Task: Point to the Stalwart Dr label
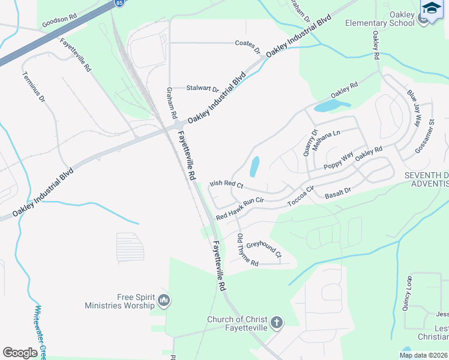pos(202,88)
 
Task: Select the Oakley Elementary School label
pos(379,19)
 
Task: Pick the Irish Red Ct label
pos(226,184)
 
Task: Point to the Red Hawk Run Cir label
pos(240,207)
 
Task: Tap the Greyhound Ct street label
pos(264,249)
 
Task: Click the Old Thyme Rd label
pos(247,251)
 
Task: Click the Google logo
pos(20,353)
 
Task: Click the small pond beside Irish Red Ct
pos(255,166)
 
